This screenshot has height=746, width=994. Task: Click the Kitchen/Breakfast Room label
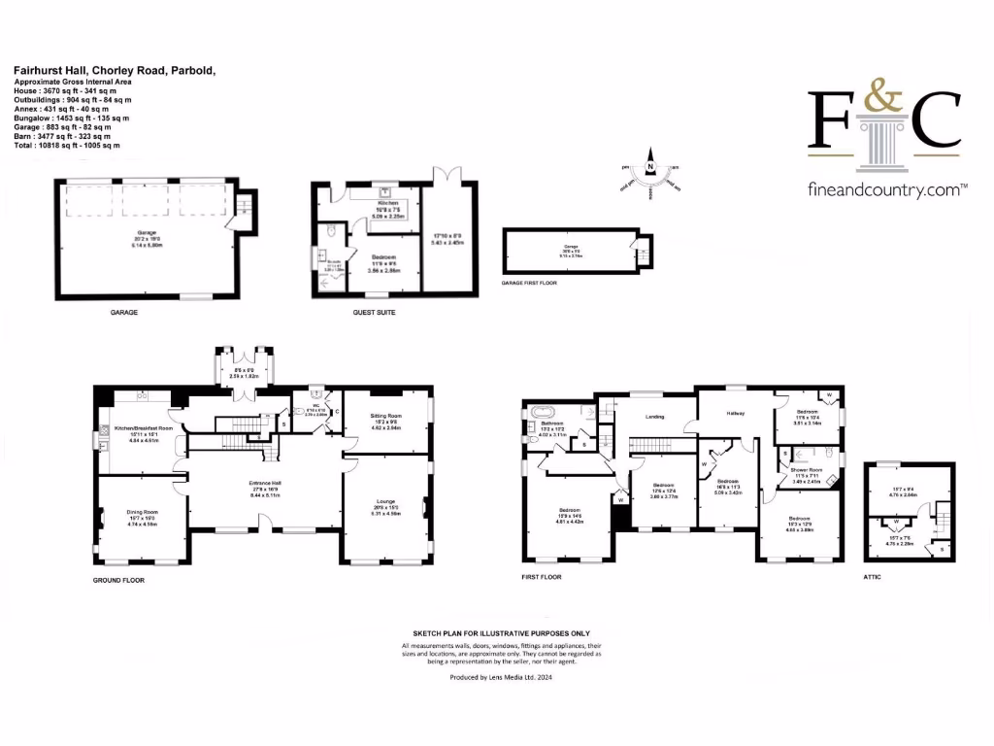point(144,427)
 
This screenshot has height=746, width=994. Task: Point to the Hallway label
point(736,414)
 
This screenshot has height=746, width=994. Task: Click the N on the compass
point(651,167)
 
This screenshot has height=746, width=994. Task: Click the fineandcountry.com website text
point(887,191)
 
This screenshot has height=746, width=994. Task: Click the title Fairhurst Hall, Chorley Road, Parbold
point(114,71)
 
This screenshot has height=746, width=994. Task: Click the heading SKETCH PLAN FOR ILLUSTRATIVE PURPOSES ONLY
point(496,631)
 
